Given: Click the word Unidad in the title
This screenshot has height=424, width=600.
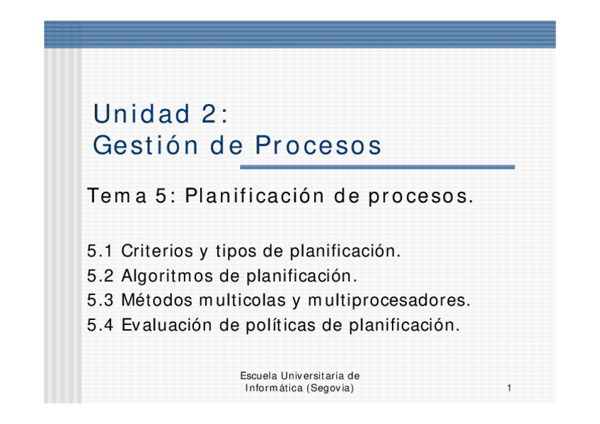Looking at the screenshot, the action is tap(142, 114).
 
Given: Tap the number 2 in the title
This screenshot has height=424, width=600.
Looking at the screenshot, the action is tap(209, 114).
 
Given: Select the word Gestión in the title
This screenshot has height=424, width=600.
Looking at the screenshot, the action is tap(146, 145).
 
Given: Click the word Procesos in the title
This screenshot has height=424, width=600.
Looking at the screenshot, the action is tap(318, 145).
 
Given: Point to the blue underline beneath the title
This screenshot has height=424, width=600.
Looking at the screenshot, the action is tap(377, 167).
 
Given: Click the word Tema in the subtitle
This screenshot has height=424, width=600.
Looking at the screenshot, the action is tap(117, 196).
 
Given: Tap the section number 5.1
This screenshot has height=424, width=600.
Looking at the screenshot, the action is tap(100, 251).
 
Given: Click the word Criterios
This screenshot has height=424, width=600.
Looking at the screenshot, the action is tap(157, 251).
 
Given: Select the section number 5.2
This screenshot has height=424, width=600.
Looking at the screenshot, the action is tap(100, 276).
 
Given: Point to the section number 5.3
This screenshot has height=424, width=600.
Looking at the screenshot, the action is tap(100, 300).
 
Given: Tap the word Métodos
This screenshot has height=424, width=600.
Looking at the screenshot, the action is tap(157, 300).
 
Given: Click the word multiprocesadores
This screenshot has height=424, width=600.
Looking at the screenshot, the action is tap(389, 301).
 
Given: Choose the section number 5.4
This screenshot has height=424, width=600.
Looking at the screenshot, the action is tap(100, 326).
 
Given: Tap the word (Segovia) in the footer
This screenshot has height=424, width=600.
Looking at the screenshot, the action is tap(330, 388).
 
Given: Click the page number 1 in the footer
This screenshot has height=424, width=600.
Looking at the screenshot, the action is tap(509, 388).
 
